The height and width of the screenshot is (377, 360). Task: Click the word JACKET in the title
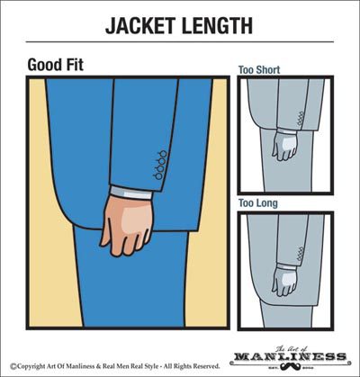pos(140,25)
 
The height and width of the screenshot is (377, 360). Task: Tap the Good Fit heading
pos(55,65)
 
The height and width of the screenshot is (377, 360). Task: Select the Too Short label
pos(259,70)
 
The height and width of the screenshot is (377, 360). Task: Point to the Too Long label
pos(258,203)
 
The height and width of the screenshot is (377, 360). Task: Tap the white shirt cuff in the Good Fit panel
pos(131,193)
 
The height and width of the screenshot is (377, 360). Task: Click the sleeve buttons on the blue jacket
pos(160,165)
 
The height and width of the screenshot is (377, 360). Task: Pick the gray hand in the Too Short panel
pos(284,146)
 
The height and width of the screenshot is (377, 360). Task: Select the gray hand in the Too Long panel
pos(284,281)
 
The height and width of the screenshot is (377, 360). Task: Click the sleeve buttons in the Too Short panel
pos(301,119)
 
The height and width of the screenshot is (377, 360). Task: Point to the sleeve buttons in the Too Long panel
pos(301,254)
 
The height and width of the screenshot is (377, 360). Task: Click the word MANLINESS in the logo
pos(290,357)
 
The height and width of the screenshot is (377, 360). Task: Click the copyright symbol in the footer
pos(13,366)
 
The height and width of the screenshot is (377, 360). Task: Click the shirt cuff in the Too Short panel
pos(286,130)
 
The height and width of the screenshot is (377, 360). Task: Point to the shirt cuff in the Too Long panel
pos(286,266)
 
